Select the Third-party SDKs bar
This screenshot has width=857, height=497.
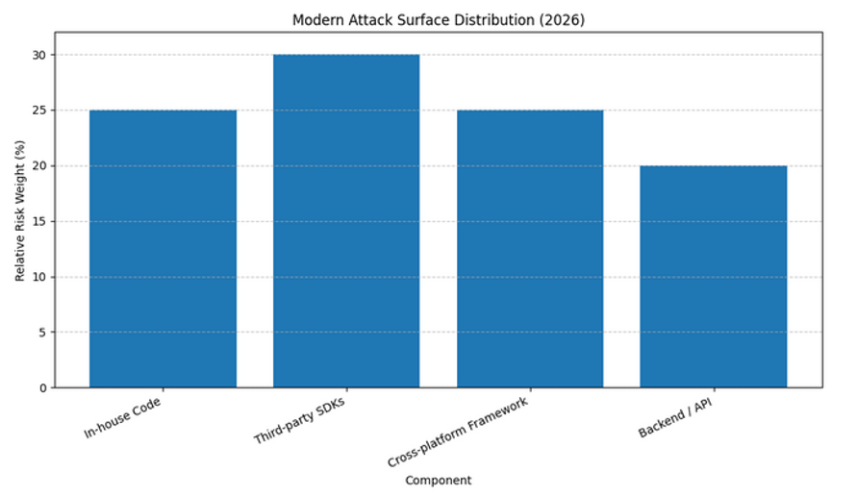pos(346,221)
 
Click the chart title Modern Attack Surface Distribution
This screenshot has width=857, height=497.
pos(438,19)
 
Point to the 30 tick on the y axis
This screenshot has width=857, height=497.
pos(39,55)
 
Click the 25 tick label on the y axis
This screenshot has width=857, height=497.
pos(39,111)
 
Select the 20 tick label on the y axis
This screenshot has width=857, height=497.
pos(39,166)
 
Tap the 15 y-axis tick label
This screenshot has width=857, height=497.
pos(39,221)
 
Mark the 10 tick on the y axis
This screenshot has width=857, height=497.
pos(39,277)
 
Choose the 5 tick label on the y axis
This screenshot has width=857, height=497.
pos(42,333)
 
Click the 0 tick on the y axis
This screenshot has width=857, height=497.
pos(42,387)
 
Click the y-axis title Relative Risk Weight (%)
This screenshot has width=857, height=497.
pos(19,210)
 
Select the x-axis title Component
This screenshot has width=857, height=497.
pos(438,480)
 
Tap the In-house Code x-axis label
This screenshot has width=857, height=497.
pos(122,418)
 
